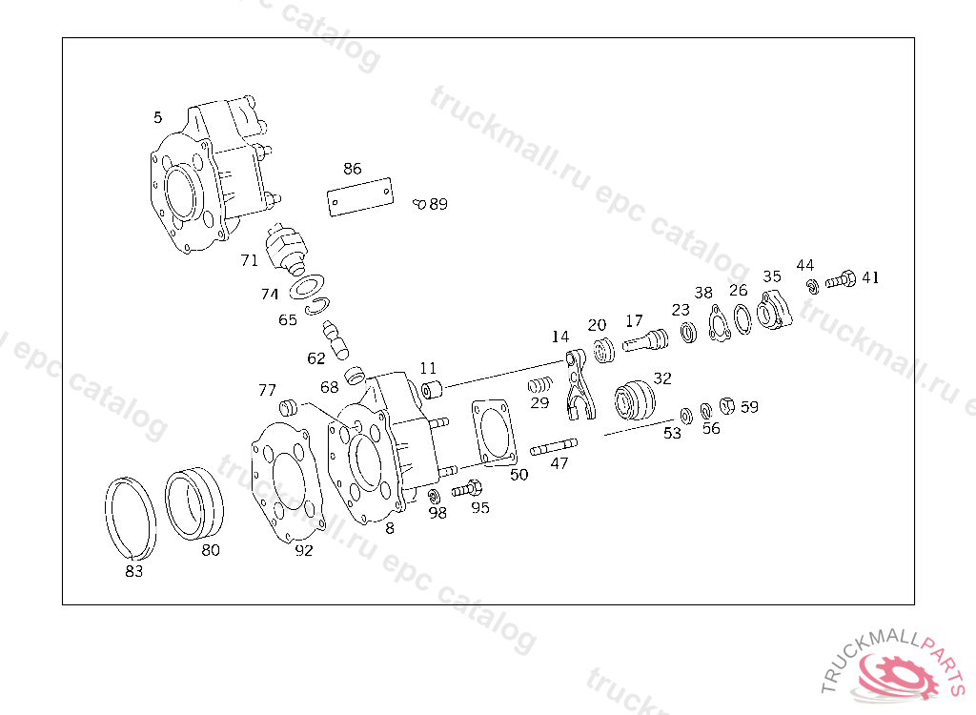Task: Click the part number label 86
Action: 353,169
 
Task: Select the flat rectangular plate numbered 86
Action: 360,199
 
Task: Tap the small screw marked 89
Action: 419,203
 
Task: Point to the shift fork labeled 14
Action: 579,386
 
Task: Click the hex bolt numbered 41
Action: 840,280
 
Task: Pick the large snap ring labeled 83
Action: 130,516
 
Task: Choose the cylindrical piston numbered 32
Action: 636,400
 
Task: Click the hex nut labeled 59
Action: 727,406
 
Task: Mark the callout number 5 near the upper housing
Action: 157,117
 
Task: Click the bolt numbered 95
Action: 467,490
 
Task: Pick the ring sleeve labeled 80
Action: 194,502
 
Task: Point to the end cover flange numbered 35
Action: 773,312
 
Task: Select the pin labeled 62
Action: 337,337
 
